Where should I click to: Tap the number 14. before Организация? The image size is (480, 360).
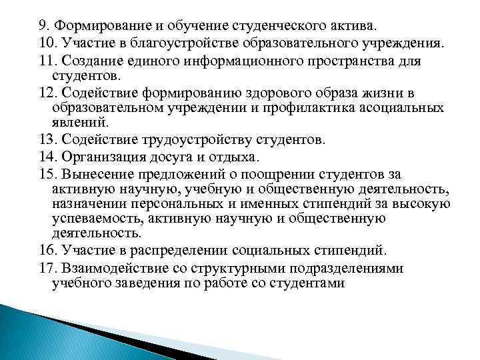(x=47, y=157)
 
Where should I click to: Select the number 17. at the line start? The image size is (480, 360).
(x=47, y=267)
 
